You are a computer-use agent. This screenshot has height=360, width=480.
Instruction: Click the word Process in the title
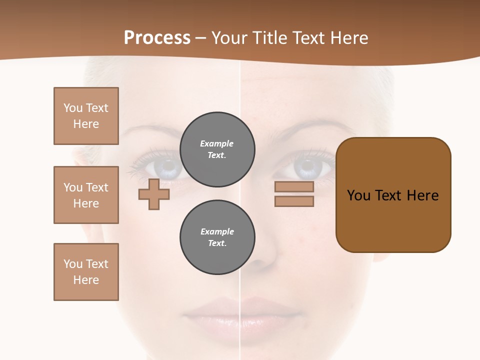tap(157, 38)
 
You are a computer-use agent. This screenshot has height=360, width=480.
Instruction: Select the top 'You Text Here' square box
tap(86, 116)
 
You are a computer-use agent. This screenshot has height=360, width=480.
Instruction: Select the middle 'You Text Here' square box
tap(86, 195)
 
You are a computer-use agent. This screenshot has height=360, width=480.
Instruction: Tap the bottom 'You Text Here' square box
tap(86, 272)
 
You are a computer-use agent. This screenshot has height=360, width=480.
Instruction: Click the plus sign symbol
tap(154, 194)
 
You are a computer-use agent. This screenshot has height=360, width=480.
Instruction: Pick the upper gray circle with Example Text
tap(217, 149)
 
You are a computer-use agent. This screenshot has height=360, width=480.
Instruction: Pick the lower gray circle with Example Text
tap(217, 237)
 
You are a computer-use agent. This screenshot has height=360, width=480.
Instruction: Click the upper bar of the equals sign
tap(294, 187)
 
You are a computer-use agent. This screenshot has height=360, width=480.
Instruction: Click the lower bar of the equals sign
tap(294, 201)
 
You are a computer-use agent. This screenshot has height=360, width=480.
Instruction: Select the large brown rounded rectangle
tap(393, 195)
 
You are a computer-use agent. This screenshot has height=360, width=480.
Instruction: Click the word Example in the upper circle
tap(217, 143)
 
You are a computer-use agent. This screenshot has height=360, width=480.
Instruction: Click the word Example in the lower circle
tap(217, 231)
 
